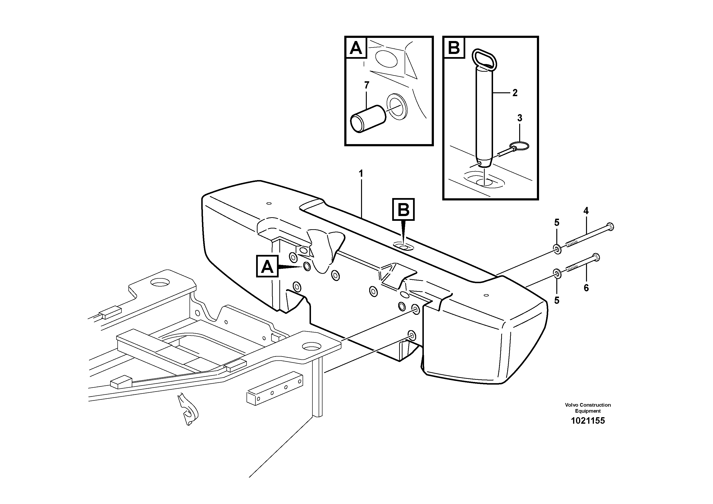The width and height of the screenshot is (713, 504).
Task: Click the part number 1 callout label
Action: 361,174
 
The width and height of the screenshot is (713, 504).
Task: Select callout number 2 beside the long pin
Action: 515,93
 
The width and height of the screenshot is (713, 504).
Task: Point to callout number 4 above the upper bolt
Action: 586,211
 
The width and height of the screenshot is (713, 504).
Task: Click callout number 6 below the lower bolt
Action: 586,288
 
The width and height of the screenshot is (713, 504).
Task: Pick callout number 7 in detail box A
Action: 367,85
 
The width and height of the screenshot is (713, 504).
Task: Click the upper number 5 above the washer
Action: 557,223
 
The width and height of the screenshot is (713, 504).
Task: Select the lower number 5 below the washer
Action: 557,300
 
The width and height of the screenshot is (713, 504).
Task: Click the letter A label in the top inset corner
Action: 356,48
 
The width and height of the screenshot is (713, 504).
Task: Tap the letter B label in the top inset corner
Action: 454,48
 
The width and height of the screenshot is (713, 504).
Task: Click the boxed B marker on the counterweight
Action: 403,210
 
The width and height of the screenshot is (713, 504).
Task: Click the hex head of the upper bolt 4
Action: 610,227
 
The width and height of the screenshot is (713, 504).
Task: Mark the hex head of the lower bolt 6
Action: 596,257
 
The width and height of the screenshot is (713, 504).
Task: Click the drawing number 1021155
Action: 588,421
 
